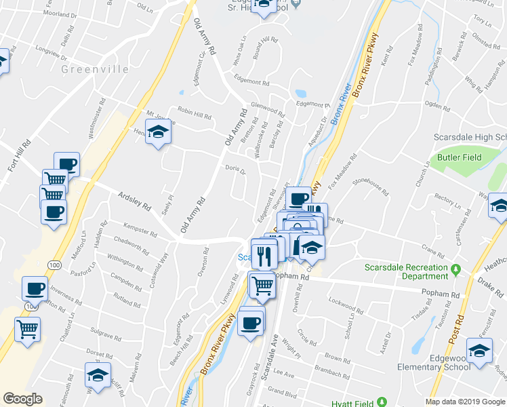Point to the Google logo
(x=23, y=399)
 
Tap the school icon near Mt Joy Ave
(x=158, y=132)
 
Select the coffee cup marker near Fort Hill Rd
(x=67, y=163)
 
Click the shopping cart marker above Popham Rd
(x=262, y=284)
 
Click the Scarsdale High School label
(x=470, y=137)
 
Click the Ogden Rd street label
(x=437, y=106)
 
